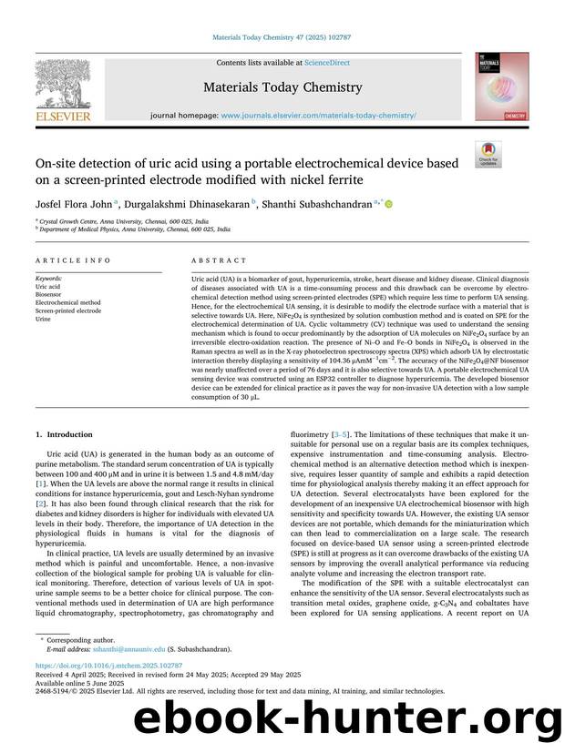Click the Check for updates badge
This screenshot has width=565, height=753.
(488, 155)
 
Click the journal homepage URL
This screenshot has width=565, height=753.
(318, 117)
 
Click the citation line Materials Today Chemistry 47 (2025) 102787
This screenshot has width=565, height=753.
(282, 37)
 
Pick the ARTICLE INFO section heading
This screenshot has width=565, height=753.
(73, 260)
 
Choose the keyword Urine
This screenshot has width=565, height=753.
(43, 320)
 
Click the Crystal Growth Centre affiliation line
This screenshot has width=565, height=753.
(124, 221)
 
